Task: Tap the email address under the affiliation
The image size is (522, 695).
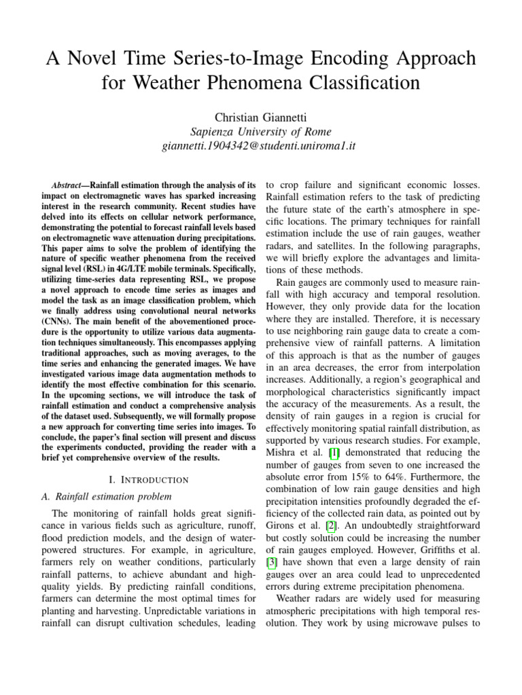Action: pos(261,146)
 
